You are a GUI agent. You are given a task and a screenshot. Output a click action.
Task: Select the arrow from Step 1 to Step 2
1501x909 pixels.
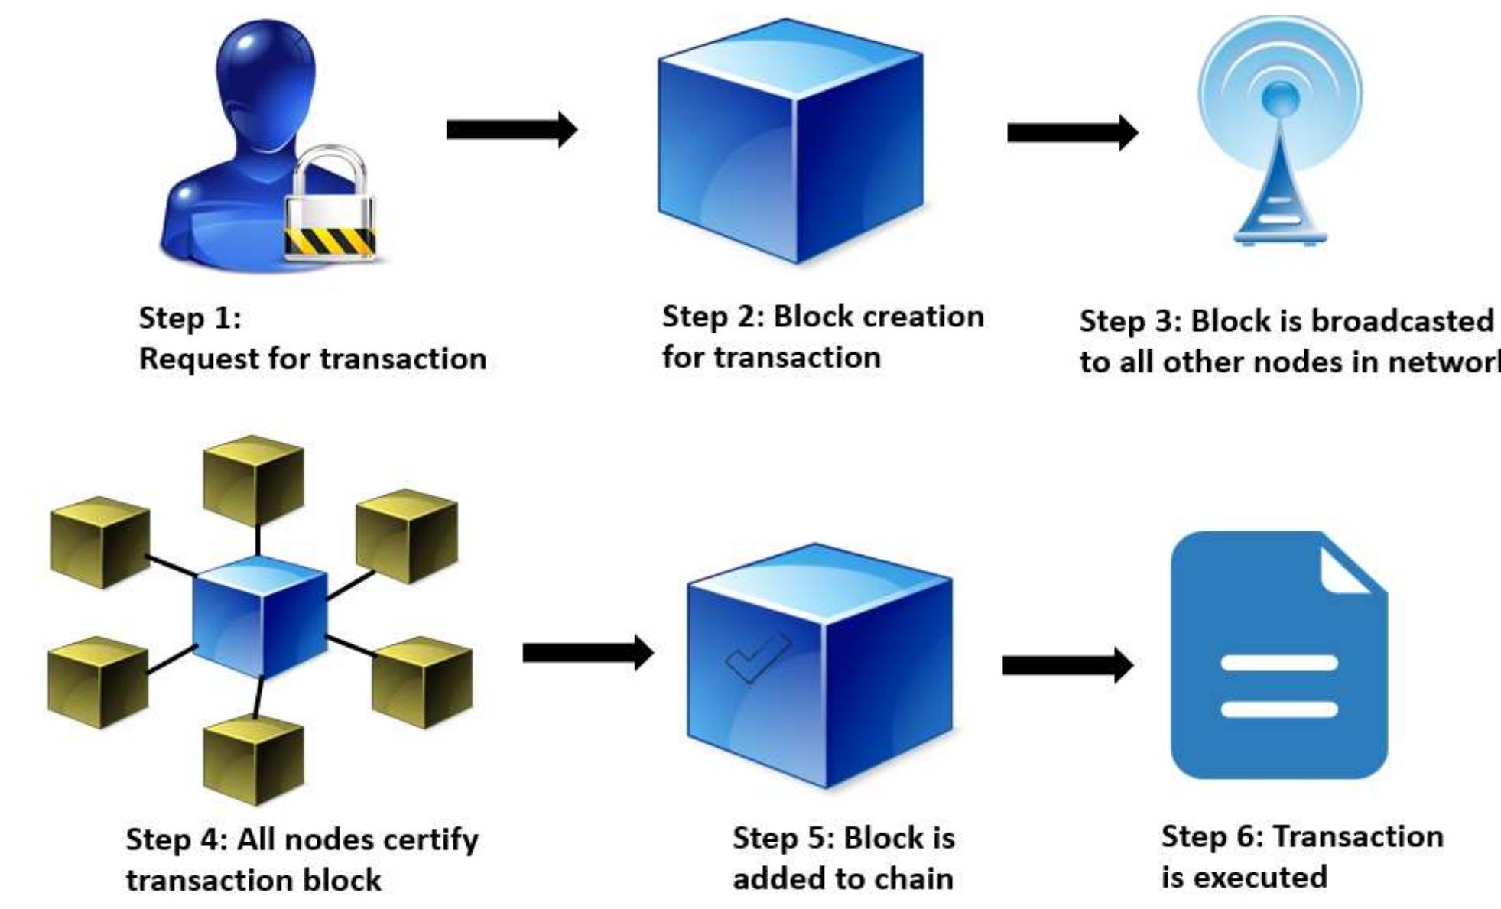pos(511,129)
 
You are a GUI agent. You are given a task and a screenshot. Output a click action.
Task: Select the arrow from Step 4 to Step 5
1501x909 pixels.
pos(587,653)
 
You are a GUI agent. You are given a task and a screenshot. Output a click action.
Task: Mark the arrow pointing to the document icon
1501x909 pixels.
pos(1067,665)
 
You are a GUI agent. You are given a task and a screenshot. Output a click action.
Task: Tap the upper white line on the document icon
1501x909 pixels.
pos(1278,663)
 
